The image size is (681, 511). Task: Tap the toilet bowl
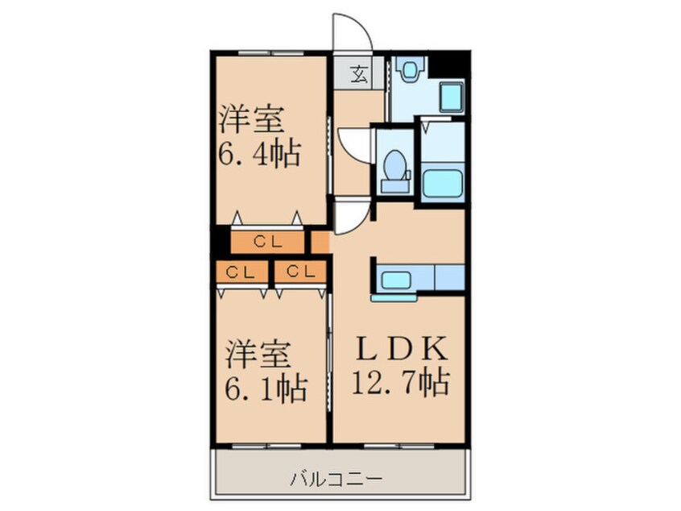[x=395, y=168]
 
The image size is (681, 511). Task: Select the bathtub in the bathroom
[x=442, y=184]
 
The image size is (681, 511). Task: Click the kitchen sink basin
[x=395, y=280]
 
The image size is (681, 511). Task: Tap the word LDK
[x=399, y=351]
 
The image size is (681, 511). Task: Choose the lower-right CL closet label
[x=299, y=272]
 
